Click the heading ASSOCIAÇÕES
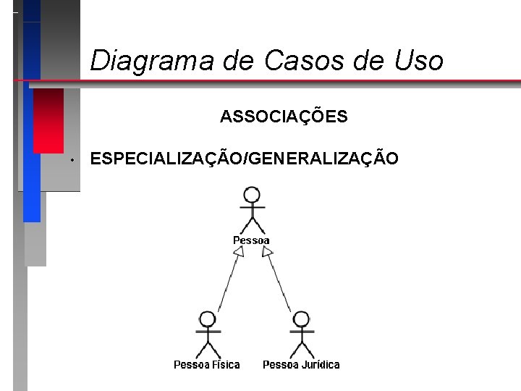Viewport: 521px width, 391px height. pyautogui.click(x=284, y=117)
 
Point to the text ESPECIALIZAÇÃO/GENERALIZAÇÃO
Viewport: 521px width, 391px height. pyautogui.click(x=244, y=159)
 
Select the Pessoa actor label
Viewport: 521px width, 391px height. pyautogui.click(x=251, y=240)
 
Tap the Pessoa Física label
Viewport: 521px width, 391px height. pyautogui.click(x=207, y=365)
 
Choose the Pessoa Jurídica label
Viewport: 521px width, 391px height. pyautogui.click(x=301, y=365)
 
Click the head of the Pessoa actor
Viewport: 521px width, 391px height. pyautogui.click(x=252, y=195)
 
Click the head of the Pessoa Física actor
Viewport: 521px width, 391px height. pyautogui.click(x=208, y=319)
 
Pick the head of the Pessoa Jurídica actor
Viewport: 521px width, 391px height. pyautogui.click(x=301, y=319)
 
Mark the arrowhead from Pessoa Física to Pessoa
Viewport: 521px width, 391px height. pyautogui.click(x=237, y=251)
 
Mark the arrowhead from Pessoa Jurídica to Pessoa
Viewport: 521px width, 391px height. pyautogui.click(x=266, y=251)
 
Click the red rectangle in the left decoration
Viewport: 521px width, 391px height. pyautogui.click(x=48, y=122)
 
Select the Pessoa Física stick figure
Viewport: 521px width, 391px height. pyautogui.click(x=208, y=334)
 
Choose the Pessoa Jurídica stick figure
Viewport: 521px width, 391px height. pyautogui.click(x=301, y=334)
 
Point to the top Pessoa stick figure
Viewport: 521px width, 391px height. pyautogui.click(x=252, y=209)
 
